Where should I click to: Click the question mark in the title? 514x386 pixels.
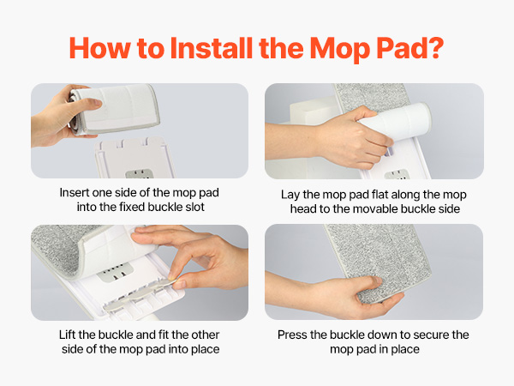(435, 48)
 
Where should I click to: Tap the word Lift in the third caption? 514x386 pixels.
(67, 335)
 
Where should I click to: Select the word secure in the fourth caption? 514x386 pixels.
(431, 335)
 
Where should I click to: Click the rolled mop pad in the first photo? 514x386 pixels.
(114, 109)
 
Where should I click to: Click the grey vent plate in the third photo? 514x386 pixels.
(115, 271)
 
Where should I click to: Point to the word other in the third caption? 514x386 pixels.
(205, 335)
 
